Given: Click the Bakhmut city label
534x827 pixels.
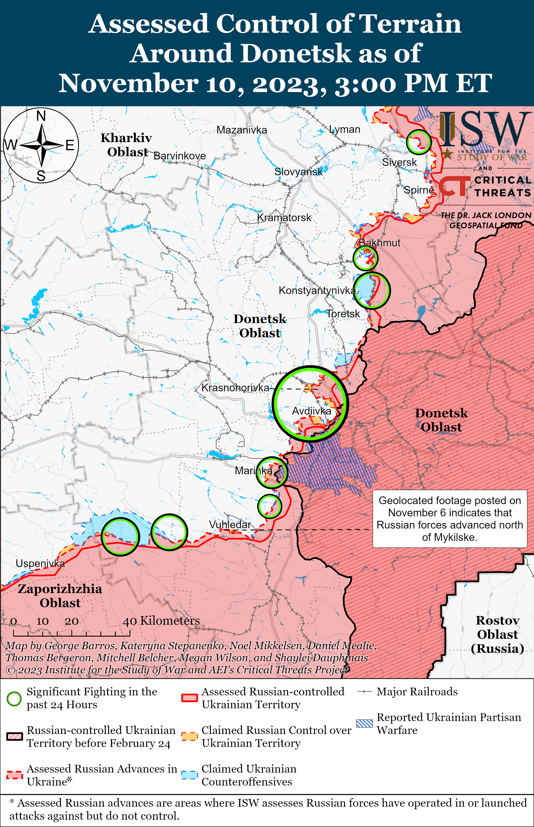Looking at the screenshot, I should click(x=379, y=243).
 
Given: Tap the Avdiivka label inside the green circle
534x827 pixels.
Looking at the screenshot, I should click(x=311, y=411).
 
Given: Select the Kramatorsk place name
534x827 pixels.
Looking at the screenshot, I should click(x=284, y=218).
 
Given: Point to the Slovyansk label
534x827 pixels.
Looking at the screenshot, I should click(x=298, y=172).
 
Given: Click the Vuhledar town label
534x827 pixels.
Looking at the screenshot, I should click(x=230, y=525).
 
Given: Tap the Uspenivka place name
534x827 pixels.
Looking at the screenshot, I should click(x=40, y=563).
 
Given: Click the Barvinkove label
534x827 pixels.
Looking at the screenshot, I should click(x=180, y=156).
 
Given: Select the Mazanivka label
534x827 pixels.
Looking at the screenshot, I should click(x=242, y=130).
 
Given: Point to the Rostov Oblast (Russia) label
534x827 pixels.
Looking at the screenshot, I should click(x=497, y=634).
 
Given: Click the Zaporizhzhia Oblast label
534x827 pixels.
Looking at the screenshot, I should click(x=60, y=596).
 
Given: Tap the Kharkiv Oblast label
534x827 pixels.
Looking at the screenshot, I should click(x=126, y=145).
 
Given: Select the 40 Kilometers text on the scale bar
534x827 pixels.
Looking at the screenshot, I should click(x=161, y=621).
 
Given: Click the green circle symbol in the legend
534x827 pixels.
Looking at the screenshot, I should click(x=14, y=699).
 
